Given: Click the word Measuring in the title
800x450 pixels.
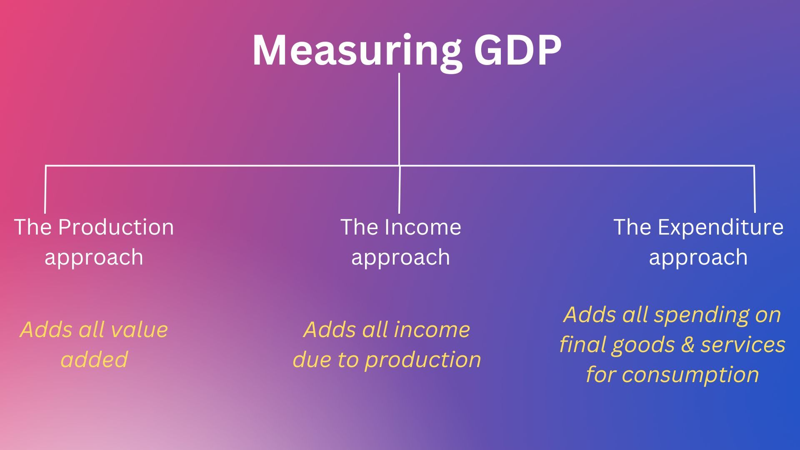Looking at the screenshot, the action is (357, 51).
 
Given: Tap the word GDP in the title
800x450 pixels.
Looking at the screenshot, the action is (518, 50).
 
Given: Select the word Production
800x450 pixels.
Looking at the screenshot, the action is (116, 227).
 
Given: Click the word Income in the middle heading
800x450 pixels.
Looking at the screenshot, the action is (423, 227).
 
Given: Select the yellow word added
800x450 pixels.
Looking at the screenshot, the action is (94, 360).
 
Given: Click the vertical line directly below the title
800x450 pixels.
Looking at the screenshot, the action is (399, 120).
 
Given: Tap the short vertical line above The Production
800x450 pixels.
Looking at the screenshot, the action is (45, 190).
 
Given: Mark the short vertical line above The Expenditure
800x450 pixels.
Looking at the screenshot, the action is (755, 190).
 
